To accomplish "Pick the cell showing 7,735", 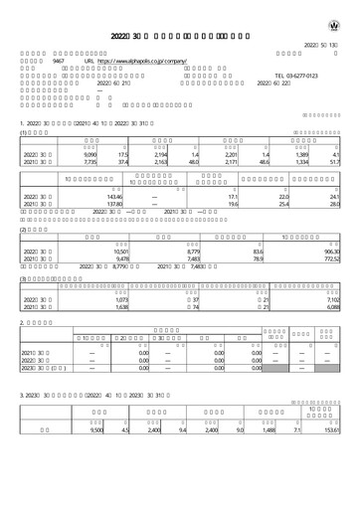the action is [90, 164].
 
